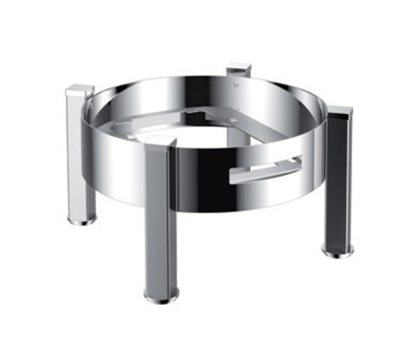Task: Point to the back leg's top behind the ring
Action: pyautogui.click(x=237, y=72)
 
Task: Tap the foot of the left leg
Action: pyautogui.click(x=83, y=218)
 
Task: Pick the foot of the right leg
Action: pyautogui.click(x=338, y=253)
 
